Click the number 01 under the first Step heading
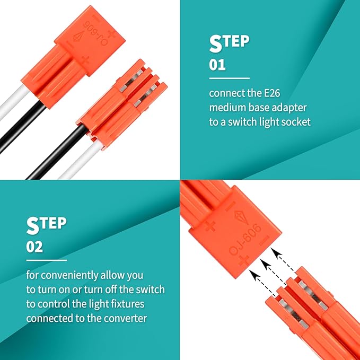[217, 65]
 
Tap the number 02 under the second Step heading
[34, 247]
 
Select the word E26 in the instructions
[272, 93]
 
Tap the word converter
[126, 318]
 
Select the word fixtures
[128, 304]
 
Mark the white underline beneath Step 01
[229, 78]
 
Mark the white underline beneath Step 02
[46, 260]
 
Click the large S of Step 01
[216, 44]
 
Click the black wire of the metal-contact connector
[57, 152]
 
